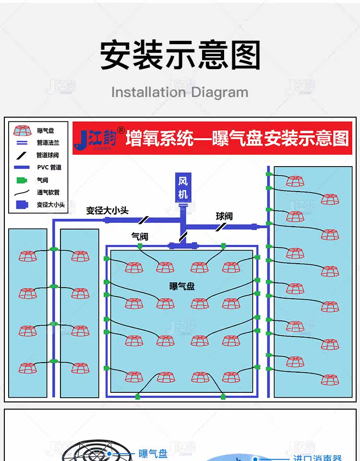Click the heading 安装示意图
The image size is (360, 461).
point(180,55)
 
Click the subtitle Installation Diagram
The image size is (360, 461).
point(180,92)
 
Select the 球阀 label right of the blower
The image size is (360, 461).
point(224,216)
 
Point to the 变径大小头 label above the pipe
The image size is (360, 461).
point(108,210)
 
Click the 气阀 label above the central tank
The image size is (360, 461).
point(140,236)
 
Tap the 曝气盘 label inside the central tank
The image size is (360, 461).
point(182,286)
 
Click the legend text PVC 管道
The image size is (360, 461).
point(49,168)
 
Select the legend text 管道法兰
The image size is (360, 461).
point(48,143)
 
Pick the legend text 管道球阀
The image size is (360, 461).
point(48,155)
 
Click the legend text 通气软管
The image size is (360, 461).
point(48,193)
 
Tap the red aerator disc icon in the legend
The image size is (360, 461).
point(23,131)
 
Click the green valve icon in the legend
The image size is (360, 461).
point(22,180)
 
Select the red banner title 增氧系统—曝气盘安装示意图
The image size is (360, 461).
point(237,139)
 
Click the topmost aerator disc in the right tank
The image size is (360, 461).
point(295,181)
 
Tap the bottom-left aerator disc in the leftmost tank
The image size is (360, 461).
point(28,368)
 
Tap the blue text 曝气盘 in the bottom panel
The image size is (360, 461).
point(153,453)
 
